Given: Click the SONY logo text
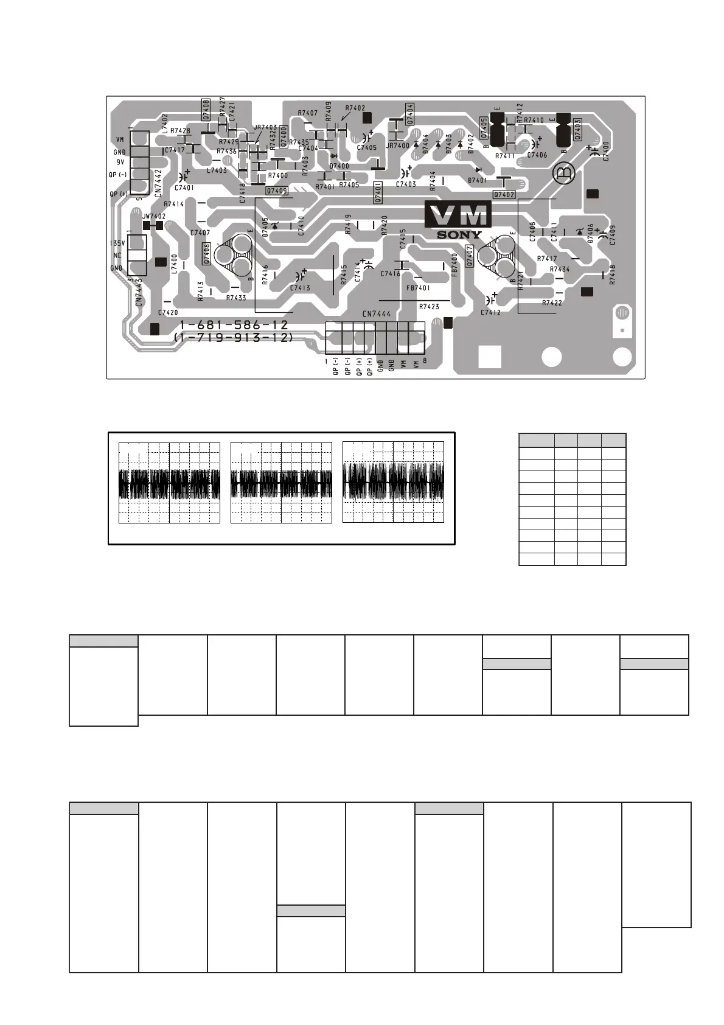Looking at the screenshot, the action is [x=459, y=235].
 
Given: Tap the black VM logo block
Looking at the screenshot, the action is [x=458, y=215].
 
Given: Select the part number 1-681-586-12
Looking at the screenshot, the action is [x=234, y=326].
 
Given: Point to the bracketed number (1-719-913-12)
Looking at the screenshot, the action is [x=233, y=337].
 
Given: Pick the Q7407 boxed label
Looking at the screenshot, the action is [x=468, y=255].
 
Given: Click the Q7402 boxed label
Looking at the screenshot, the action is [x=504, y=195].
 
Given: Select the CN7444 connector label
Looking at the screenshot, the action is [x=377, y=314].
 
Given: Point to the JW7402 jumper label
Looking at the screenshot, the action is [x=153, y=216].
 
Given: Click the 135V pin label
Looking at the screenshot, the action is [x=116, y=243].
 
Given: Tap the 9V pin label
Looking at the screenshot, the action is [x=120, y=163].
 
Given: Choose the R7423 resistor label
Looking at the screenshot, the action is [x=429, y=307].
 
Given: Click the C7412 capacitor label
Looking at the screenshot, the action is [x=490, y=312].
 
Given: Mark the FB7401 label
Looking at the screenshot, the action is [x=418, y=288].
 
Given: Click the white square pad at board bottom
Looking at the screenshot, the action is [x=490, y=357].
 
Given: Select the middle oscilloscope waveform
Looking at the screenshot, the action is [x=282, y=483].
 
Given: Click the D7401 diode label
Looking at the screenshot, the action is [x=477, y=180].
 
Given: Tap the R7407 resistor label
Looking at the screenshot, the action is [x=307, y=113].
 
